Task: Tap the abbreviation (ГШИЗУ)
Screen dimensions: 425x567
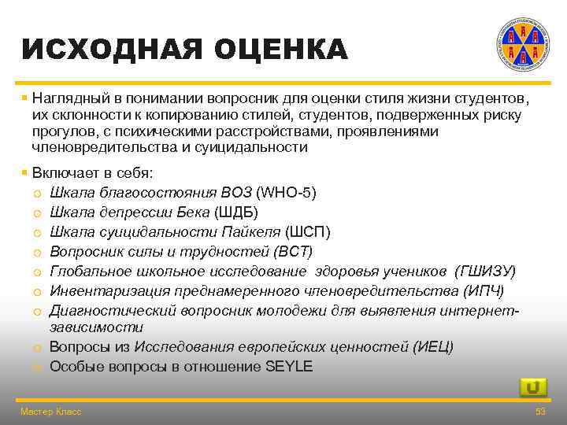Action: [485, 271]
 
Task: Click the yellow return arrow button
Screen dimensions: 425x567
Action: [533, 387]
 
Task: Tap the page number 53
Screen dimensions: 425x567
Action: [540, 412]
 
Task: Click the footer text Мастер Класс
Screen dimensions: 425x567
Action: [50, 412]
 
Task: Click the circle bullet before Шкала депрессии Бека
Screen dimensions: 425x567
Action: [36, 213]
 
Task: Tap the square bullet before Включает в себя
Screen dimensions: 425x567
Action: [24, 172]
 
